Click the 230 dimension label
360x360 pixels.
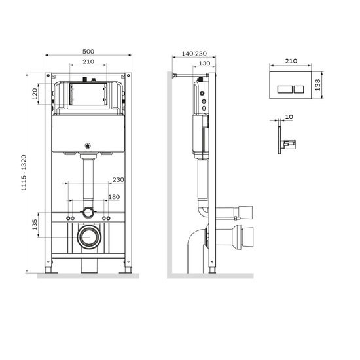point(118,180)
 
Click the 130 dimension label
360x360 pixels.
point(204,63)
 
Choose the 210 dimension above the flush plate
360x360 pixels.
point(292,60)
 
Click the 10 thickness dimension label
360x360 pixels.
point(290,118)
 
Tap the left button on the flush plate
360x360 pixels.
point(286,86)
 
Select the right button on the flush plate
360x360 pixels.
point(298,86)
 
